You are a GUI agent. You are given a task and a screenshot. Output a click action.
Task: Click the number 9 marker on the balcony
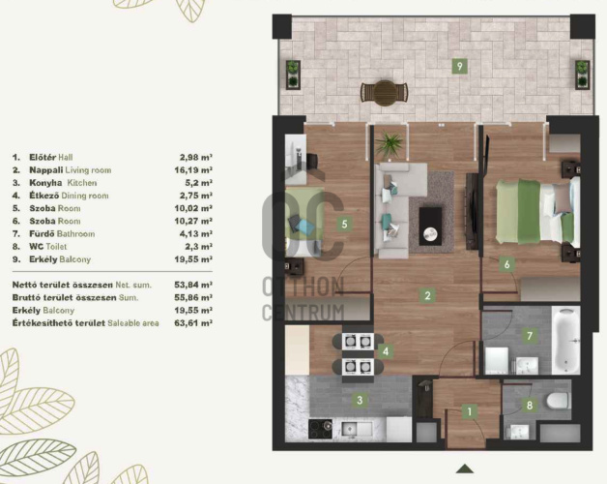pyautogui.click(x=459, y=66)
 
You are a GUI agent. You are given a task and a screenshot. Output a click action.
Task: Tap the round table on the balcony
pyautogui.click(x=385, y=93)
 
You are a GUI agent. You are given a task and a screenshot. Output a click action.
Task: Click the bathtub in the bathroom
pyautogui.click(x=565, y=340)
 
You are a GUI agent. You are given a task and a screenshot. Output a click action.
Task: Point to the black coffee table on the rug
pyautogui.click(x=430, y=227)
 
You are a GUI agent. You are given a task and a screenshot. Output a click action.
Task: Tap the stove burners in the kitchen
pyautogui.click(x=320, y=430)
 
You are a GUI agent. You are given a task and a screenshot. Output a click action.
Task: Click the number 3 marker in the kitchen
pyautogui.click(x=360, y=400)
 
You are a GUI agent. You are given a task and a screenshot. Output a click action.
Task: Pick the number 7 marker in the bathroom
pyautogui.click(x=530, y=335)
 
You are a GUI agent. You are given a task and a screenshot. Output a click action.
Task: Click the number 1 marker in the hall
pyautogui.click(x=470, y=411)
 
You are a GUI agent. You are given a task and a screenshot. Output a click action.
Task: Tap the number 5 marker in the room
pyautogui.click(x=344, y=224)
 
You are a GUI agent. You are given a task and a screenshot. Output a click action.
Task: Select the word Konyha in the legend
pyautogui.click(x=45, y=183)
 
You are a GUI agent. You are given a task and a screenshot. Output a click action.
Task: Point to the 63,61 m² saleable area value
pyautogui.click(x=193, y=323)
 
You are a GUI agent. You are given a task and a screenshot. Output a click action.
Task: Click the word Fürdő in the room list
pyautogui.click(x=43, y=234)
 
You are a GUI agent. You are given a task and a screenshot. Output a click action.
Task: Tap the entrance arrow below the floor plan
pyautogui.click(x=465, y=469)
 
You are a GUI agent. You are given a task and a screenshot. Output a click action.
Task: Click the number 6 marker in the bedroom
pyautogui.click(x=506, y=264)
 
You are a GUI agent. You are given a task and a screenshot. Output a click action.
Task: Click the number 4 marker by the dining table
pyautogui.click(x=386, y=351)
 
